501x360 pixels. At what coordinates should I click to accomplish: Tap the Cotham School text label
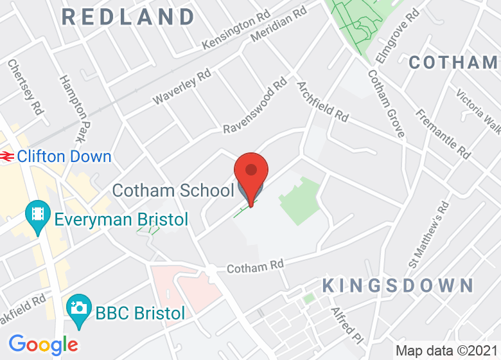[x=173, y=190]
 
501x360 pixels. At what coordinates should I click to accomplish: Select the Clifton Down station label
[x=64, y=156]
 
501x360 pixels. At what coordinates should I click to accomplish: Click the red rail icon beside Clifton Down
[x=8, y=156]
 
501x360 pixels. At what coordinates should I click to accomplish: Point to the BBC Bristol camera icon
[x=78, y=307]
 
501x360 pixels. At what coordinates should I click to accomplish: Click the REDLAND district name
[x=128, y=17]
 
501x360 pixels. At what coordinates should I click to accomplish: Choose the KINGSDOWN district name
[x=398, y=285]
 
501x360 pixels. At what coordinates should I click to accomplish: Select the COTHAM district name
[x=453, y=62]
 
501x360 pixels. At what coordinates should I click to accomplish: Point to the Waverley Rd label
[x=182, y=87]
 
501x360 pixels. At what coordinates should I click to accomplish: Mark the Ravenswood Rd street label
[x=255, y=107]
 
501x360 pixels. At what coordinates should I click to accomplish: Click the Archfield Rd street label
[x=322, y=102]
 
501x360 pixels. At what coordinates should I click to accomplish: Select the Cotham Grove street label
[x=386, y=104]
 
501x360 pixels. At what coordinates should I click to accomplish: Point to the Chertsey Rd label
[x=25, y=87]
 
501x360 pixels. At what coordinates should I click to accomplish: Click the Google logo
[x=43, y=345]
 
